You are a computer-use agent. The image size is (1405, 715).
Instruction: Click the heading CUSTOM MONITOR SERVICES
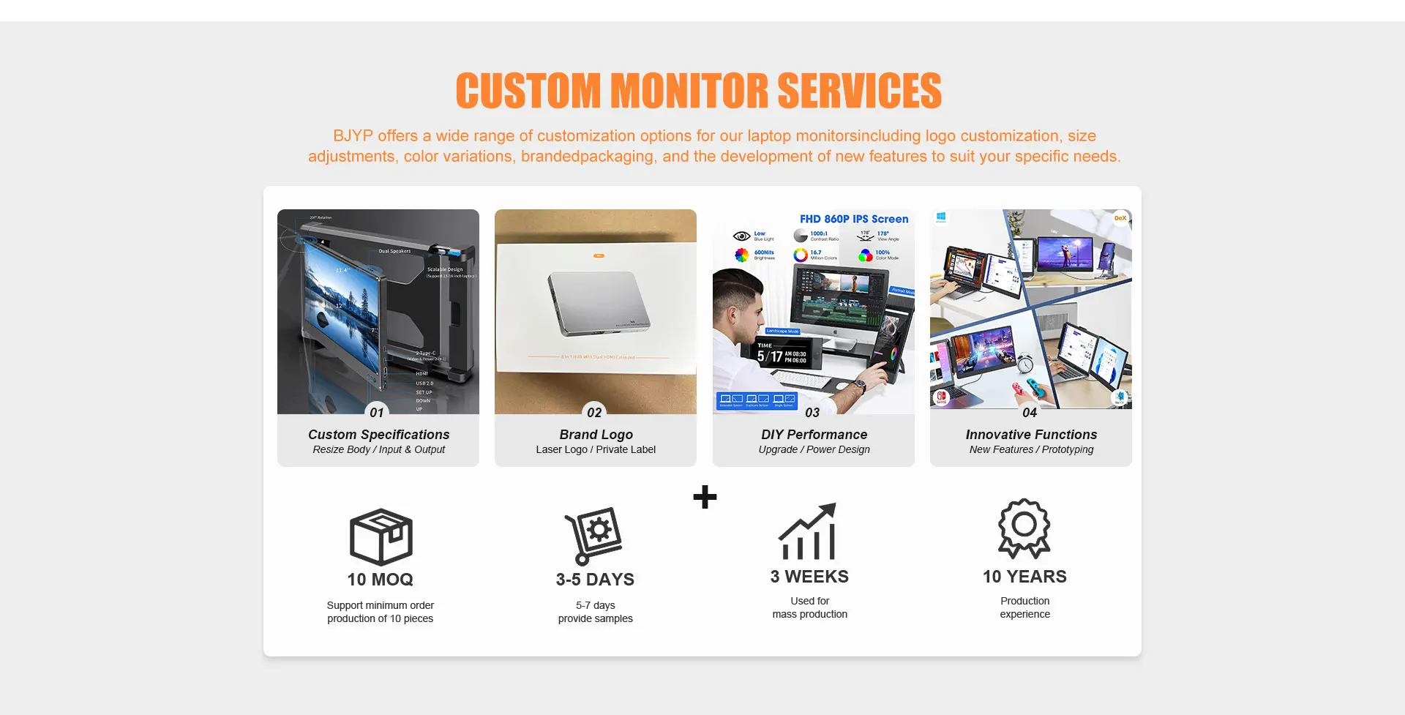coord(699,91)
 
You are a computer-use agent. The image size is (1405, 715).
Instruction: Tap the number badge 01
coord(377,412)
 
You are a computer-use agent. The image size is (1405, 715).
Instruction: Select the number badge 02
coord(594,412)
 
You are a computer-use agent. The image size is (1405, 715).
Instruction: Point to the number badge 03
coord(812,413)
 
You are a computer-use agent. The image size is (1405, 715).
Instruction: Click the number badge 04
coord(1030,412)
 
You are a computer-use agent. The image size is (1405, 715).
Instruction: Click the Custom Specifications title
coord(378,435)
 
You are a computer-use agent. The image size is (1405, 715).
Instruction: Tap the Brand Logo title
coord(596,435)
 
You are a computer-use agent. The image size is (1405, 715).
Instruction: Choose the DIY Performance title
coord(814,435)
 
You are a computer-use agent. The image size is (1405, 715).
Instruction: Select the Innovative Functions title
coord(1031,435)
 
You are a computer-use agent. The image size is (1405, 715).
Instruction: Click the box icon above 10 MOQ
coord(381,536)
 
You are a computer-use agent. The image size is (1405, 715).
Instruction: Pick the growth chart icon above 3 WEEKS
coord(808,532)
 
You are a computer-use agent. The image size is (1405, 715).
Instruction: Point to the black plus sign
coord(705,497)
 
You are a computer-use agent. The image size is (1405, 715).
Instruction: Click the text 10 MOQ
coord(380,580)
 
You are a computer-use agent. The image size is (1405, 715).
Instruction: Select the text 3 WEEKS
coord(809,577)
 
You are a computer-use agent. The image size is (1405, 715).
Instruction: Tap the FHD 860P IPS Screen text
coord(854,219)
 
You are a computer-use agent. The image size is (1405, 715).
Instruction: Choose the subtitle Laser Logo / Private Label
coord(596,450)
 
